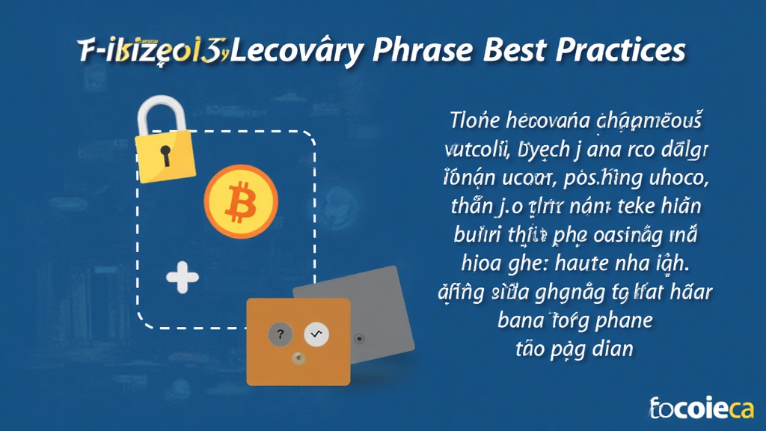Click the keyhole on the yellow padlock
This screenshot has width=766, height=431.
point(165,155)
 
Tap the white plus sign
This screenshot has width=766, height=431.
point(183,278)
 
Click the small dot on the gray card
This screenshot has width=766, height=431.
point(360,338)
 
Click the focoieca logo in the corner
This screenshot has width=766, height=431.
point(702,407)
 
